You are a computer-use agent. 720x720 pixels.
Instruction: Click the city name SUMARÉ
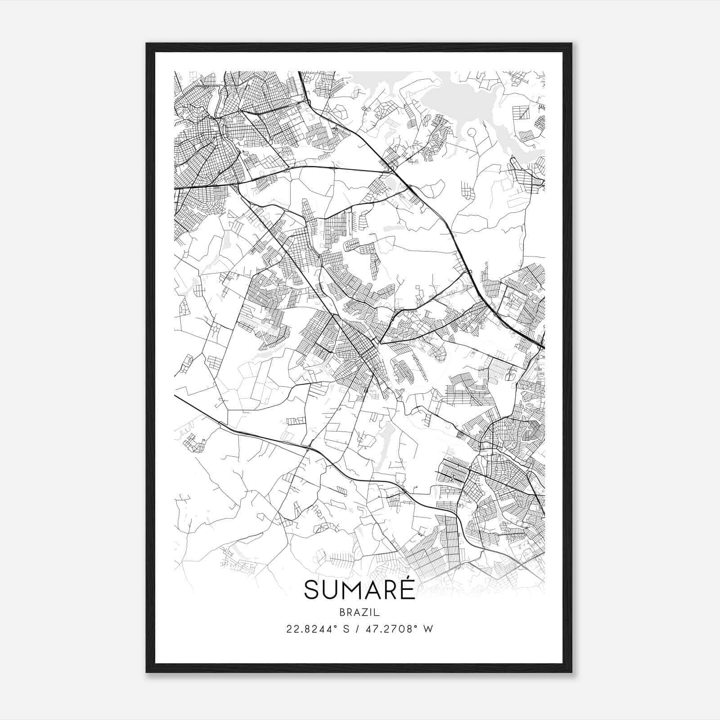click(x=360, y=589)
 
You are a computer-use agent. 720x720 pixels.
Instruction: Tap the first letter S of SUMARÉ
click(x=312, y=590)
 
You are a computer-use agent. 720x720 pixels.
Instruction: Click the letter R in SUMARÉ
click(x=392, y=590)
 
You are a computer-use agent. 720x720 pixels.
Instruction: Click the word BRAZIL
click(x=360, y=612)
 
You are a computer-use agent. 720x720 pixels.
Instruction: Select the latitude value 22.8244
click(x=306, y=629)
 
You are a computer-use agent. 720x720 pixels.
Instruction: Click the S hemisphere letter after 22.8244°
click(x=345, y=629)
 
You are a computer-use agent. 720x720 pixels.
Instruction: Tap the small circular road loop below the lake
click(x=471, y=132)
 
